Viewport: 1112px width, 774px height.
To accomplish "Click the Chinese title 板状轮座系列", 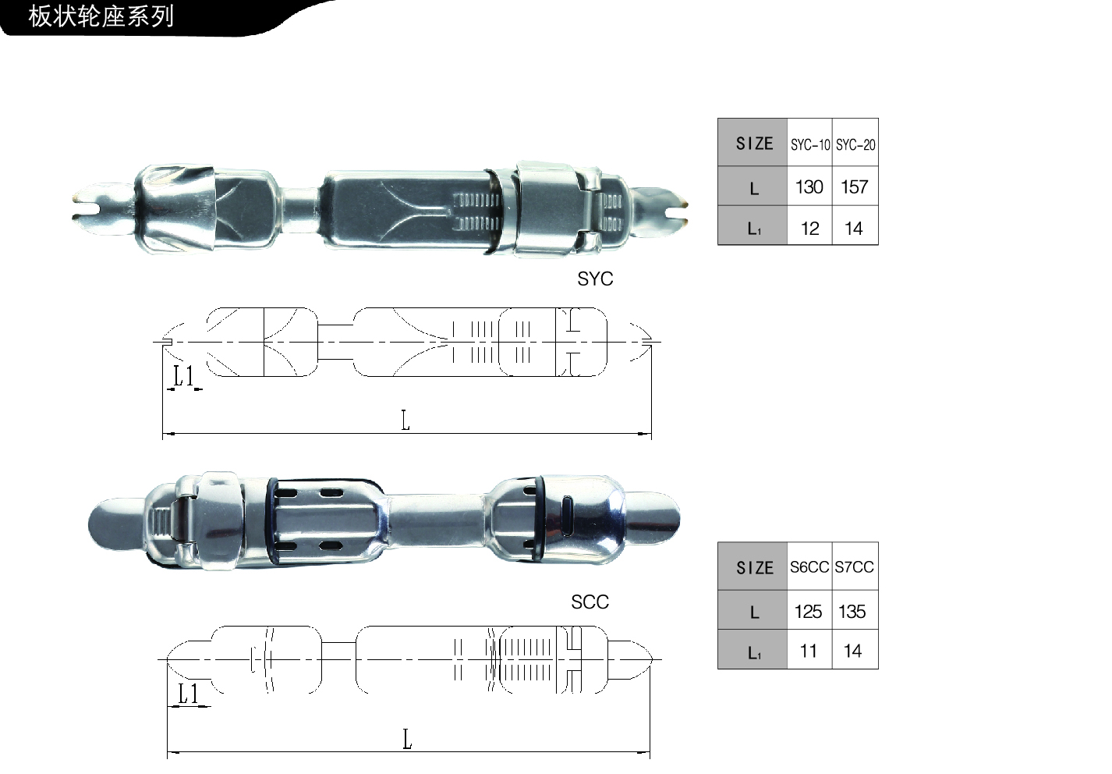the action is coord(101,16).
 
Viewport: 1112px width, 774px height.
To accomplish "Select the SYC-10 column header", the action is coord(810,145).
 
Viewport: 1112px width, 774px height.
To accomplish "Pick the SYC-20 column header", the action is coord(855,145).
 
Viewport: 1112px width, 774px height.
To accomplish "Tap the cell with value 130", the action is coord(809,186).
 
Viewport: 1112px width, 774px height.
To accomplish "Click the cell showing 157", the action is coord(855,186).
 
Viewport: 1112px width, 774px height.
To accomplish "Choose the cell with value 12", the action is coord(809,229).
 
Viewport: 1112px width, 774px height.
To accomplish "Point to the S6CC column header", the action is coord(809,566).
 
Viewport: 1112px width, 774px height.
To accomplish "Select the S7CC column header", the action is coord(855,566).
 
